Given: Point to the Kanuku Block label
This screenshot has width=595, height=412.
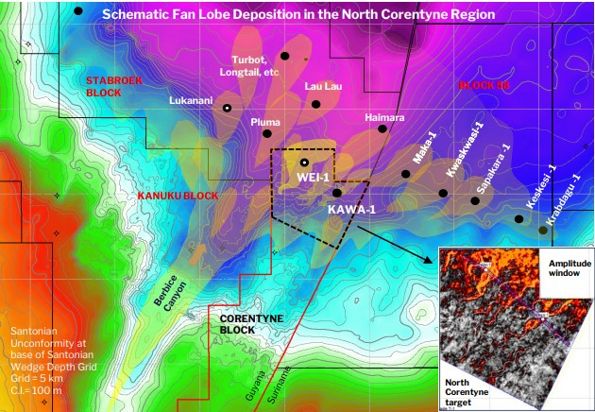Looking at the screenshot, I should [175, 195].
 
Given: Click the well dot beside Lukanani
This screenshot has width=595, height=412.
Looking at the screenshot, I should [227, 109].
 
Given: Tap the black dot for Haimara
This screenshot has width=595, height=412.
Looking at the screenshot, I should [382, 129].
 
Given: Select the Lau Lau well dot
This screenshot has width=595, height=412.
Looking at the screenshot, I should [316, 104].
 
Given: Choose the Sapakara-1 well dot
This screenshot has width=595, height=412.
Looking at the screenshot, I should [476, 199].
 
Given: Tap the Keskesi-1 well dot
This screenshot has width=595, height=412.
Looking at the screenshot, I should [519, 219].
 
